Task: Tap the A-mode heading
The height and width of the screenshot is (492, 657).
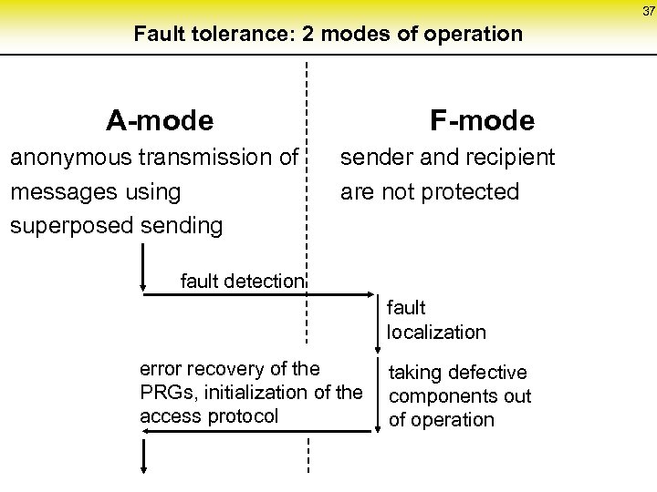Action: click(x=160, y=119)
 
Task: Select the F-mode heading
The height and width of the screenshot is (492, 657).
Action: click(x=483, y=119)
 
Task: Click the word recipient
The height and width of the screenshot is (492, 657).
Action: click(x=510, y=159)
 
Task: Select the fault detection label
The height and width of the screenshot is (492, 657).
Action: click(x=242, y=281)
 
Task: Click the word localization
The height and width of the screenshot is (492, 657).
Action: click(x=436, y=332)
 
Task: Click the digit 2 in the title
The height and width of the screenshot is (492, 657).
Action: click(x=342, y=36)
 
